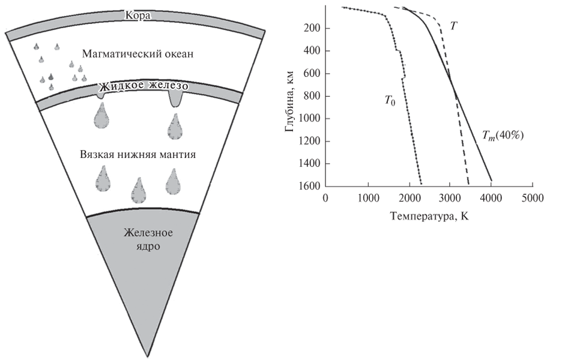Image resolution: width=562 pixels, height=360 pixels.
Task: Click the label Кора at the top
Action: point(137,16)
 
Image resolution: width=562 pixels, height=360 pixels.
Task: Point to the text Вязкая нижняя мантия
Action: point(139,154)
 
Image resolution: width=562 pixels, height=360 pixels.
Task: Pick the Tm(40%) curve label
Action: point(503,136)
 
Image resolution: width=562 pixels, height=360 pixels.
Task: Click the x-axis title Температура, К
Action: point(429,217)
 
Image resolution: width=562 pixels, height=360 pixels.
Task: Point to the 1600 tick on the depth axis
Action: point(308,185)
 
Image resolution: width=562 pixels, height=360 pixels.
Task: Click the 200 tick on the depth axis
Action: point(311,29)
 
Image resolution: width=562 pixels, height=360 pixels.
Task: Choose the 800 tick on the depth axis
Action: point(311,96)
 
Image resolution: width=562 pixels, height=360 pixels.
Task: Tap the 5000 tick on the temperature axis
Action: point(533,198)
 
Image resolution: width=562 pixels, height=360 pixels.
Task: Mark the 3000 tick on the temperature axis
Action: point(450,198)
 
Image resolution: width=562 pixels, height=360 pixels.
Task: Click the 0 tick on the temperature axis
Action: point(325,198)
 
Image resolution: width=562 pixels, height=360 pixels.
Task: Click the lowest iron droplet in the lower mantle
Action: point(139,190)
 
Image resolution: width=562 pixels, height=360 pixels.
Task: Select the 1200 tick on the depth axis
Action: point(308,141)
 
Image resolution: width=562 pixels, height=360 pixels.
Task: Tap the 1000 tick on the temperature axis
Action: point(367,198)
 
